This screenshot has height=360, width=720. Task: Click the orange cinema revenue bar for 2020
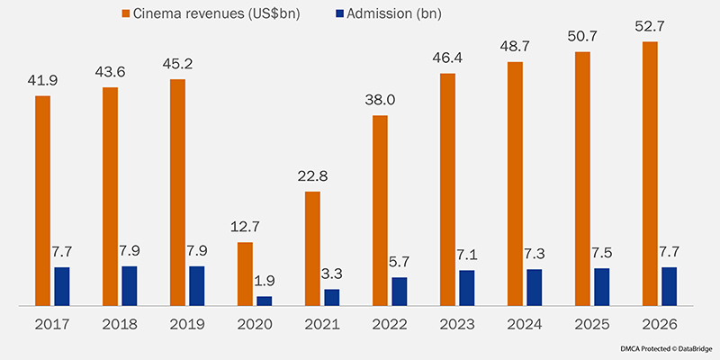pyautogui.click(x=245, y=274)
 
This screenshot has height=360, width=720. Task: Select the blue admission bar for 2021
pyautogui.click(x=332, y=298)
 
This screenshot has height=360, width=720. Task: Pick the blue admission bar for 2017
pyautogui.click(x=62, y=287)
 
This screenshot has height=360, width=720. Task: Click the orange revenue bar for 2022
pyautogui.click(x=380, y=211)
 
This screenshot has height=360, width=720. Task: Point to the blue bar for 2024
pyautogui.click(x=535, y=288)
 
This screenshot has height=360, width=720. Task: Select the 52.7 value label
pyautogui.click(x=651, y=25)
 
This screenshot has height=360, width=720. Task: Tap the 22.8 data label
pyautogui.click(x=313, y=175)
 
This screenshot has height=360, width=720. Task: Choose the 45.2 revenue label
pyautogui.click(x=178, y=63)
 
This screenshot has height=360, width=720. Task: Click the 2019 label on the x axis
pyautogui.click(x=187, y=324)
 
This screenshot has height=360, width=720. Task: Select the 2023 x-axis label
pyautogui.click(x=458, y=324)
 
